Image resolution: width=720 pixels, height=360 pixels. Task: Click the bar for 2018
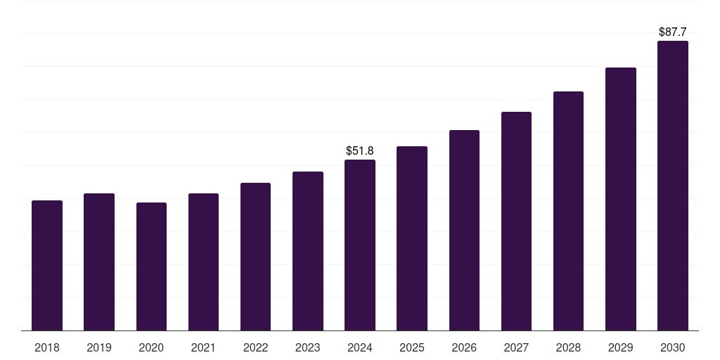point(47,265)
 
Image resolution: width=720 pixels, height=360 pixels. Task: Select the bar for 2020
point(151,266)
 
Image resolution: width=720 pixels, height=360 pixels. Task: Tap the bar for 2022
point(255,257)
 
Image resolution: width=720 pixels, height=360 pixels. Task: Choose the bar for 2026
point(464,230)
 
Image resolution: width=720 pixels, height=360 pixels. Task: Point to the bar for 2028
point(568,211)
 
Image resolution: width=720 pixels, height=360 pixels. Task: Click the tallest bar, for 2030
point(673,186)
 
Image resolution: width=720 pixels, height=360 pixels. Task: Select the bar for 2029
point(621,199)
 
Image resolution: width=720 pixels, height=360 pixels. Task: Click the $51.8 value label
point(360,150)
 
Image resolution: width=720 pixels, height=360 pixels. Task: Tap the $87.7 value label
point(673,32)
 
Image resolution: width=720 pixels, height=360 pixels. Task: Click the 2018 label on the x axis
point(47,347)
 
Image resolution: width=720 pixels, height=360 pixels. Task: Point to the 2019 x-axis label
point(99,347)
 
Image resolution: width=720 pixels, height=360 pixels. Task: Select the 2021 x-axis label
point(203,347)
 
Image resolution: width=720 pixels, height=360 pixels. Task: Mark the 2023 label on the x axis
point(308,347)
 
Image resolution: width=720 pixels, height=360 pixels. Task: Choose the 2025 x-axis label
point(412,347)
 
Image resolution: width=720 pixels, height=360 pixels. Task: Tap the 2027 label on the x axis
point(516,347)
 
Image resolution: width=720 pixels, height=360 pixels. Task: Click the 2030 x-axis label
point(673,347)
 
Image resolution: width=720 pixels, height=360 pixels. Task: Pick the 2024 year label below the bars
point(360,347)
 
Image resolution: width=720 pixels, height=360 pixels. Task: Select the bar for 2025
point(412,238)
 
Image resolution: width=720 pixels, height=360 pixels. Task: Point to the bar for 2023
point(308,251)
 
